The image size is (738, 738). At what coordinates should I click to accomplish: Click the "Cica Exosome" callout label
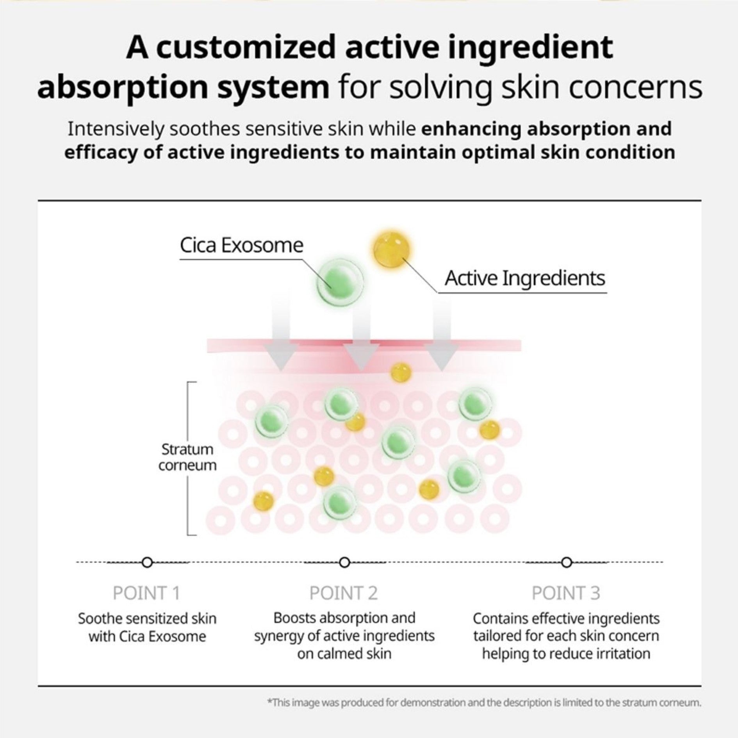(241, 245)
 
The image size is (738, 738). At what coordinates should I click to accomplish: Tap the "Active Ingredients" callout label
(524, 278)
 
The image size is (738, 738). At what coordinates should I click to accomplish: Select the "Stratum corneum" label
(187, 457)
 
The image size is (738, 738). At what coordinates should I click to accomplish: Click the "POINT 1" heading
(146, 593)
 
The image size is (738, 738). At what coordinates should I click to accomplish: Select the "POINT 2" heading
(344, 593)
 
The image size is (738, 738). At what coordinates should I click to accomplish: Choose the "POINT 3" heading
(566, 593)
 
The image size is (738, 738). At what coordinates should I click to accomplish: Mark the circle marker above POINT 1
(147, 563)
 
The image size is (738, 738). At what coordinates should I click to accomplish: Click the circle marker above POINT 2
(344, 563)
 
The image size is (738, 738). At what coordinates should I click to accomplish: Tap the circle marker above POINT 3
(566, 563)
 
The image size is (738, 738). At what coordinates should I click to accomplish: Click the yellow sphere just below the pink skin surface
(401, 373)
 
